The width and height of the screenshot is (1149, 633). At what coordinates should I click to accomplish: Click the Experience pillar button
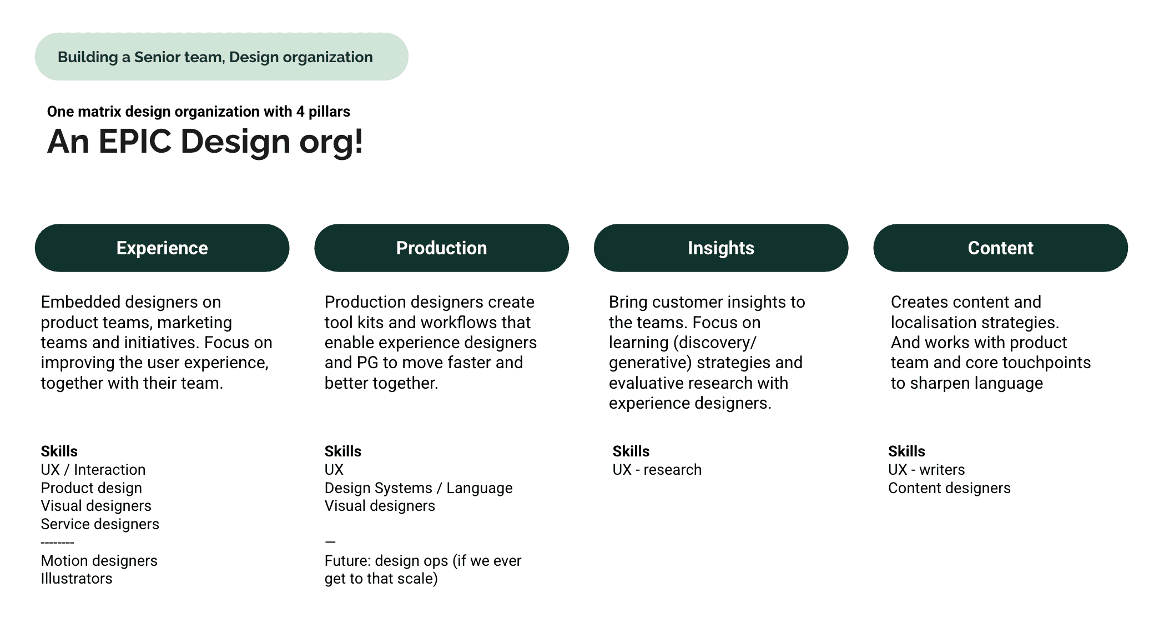coord(162,248)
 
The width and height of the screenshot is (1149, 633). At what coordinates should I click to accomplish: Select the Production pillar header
coord(441,248)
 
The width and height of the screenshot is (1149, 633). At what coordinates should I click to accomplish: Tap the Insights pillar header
coord(721,248)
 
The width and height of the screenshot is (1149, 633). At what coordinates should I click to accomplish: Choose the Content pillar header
coord(1000,248)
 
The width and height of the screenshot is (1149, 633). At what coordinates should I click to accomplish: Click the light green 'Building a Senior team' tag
coord(221,57)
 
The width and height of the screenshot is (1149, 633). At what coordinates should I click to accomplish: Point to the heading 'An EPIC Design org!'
coord(205,141)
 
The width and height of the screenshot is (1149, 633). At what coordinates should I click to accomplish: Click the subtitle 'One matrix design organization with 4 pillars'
coord(199,112)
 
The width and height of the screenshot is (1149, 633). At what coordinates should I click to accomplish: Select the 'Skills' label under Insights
coord(631,451)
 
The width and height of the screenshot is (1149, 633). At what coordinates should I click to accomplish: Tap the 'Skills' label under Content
coord(906,451)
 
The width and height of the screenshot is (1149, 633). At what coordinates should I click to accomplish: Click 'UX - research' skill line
coord(657,470)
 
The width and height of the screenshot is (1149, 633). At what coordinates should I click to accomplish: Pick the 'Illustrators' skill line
coord(77,579)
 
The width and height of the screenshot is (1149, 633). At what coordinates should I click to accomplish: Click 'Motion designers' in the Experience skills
coord(99,561)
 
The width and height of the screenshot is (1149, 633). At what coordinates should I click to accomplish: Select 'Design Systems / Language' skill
coord(419,488)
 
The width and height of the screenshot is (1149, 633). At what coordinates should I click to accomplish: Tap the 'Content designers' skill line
coord(949,488)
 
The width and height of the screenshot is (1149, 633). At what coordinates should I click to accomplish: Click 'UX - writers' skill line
coord(926,470)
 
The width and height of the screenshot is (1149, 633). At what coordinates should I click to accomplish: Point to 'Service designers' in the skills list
coord(100,524)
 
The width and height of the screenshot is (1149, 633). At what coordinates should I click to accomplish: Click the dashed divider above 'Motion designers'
coord(58,542)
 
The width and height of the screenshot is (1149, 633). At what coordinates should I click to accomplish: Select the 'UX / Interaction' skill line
coord(93,470)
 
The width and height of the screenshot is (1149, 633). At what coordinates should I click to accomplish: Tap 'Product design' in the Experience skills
coord(92,488)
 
